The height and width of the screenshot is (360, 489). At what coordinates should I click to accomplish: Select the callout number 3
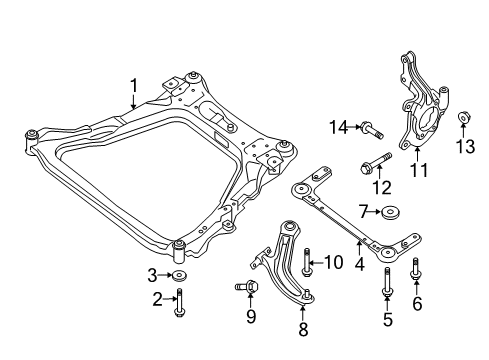click(152, 274)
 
